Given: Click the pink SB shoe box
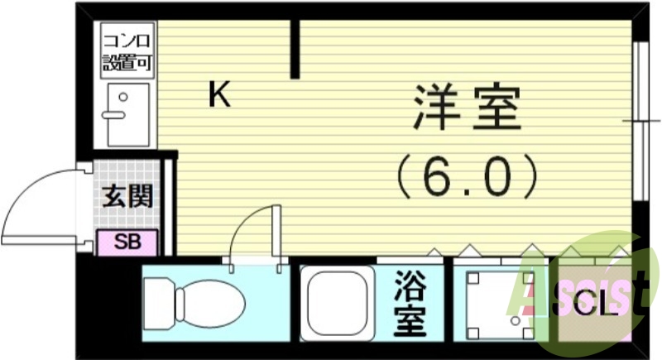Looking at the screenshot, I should (127, 242).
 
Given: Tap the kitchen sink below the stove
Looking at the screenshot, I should (127, 114).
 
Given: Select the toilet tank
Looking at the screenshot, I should (156, 303).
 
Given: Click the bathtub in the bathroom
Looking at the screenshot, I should (336, 303).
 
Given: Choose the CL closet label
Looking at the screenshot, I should (596, 307).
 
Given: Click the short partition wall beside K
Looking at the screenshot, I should (295, 50).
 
